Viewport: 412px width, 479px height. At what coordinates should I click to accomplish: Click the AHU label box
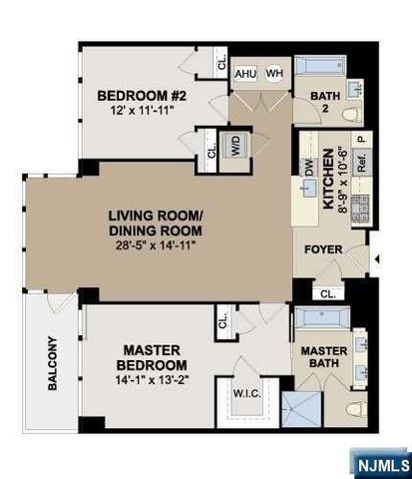pos(244,73)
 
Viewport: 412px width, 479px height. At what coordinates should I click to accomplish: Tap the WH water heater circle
pos(272,73)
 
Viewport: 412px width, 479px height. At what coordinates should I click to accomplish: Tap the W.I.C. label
pos(246,392)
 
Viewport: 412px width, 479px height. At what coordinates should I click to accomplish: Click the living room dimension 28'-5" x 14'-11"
pos(159,243)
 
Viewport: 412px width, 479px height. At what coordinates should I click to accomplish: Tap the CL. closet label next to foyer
pos(328,292)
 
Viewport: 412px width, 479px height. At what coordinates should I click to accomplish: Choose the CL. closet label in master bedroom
pos(223,320)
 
